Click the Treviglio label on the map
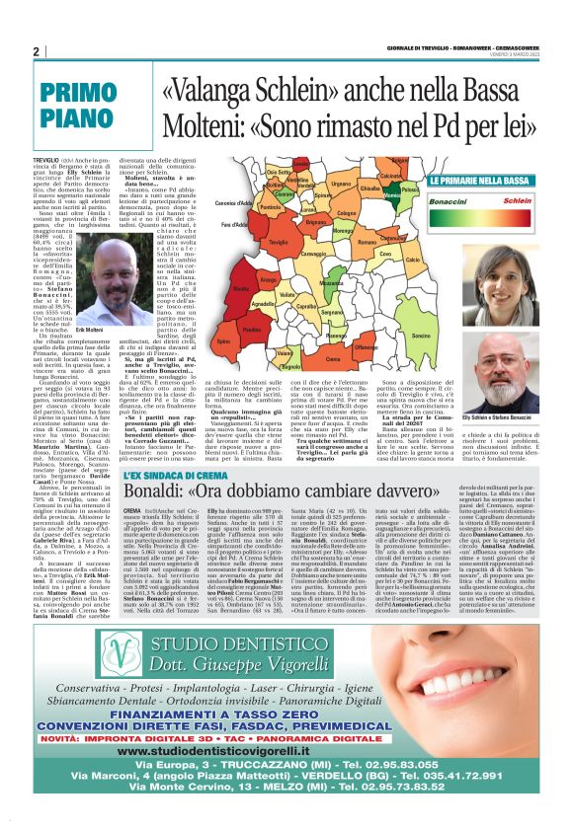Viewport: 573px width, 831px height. (278, 242)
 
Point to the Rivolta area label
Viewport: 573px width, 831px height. (240, 288)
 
